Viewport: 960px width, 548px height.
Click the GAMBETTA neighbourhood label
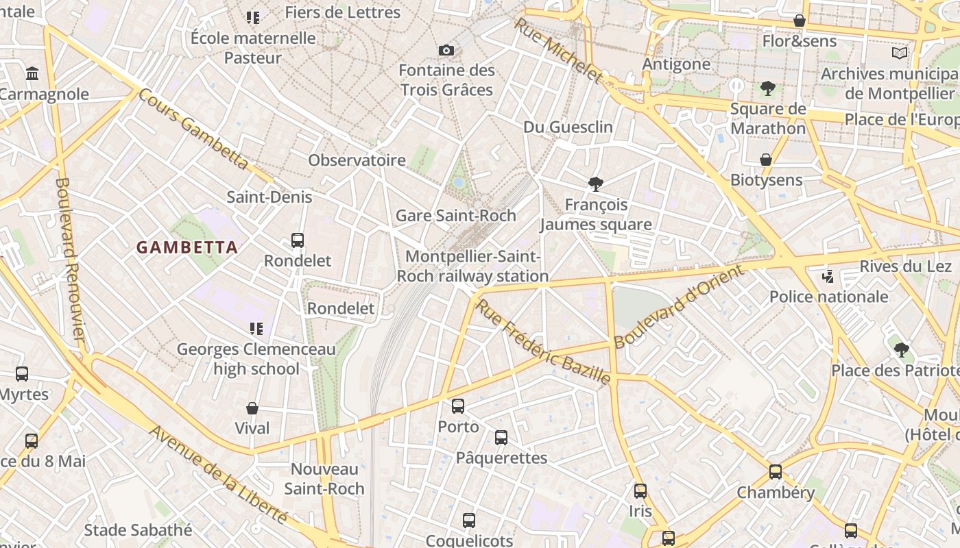187,247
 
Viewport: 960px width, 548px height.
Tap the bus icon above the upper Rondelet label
298,240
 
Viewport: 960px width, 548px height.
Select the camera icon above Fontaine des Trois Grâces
446,50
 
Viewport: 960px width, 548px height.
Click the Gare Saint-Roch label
456,216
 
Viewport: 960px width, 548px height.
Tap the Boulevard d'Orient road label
678,307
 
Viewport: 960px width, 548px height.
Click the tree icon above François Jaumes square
595,184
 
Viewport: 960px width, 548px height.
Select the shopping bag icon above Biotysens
766,160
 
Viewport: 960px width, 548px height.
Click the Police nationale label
828,297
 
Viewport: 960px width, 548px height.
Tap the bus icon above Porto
458,406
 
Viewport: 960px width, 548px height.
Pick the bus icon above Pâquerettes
501,438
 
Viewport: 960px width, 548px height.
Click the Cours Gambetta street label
193,129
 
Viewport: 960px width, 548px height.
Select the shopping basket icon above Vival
252,408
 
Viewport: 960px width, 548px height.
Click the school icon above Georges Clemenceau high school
256,329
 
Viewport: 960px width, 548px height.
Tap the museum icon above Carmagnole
32,73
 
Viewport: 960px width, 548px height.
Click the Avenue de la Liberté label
218,473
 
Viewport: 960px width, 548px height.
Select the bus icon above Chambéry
776,472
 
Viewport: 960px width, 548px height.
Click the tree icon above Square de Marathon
767,88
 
